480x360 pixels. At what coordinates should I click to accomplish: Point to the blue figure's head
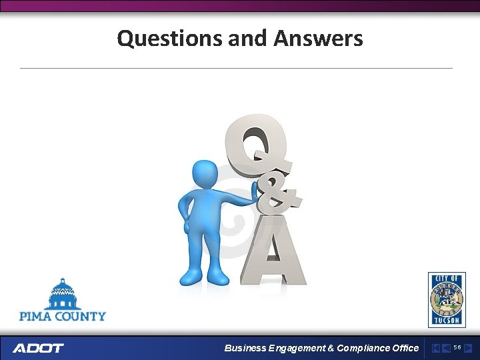coord(205,175)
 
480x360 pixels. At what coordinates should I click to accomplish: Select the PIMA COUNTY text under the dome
coord(63,315)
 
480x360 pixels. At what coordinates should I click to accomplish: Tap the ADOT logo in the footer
coord(38,348)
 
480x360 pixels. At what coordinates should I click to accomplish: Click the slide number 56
coord(457,347)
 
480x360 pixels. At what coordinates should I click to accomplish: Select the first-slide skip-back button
coord(436,348)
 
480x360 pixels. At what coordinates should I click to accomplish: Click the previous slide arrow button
coord(445,348)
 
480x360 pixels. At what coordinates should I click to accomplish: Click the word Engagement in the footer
coord(297,348)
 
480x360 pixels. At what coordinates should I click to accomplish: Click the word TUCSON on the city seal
coord(446,321)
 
